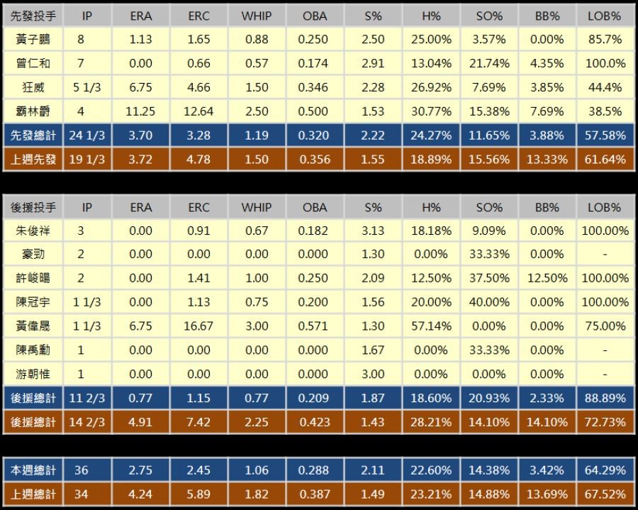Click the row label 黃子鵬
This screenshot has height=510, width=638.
pyautogui.click(x=33, y=40)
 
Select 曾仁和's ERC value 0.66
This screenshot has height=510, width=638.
pyautogui.click(x=199, y=64)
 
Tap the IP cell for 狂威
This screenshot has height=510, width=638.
pyautogui.click(x=86, y=88)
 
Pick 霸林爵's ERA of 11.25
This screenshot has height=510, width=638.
pyautogui.click(x=141, y=111)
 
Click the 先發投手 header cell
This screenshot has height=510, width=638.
pyautogui.click(x=33, y=16)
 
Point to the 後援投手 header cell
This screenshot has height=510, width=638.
pyautogui.click(x=33, y=207)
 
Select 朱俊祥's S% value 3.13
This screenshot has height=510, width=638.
pyautogui.click(x=373, y=231)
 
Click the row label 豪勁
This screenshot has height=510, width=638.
pyautogui.click(x=33, y=255)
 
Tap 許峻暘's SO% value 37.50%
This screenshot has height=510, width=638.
pyautogui.click(x=489, y=279)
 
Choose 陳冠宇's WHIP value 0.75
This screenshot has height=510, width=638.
pyautogui.click(x=257, y=302)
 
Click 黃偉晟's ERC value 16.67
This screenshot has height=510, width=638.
pyautogui.click(x=199, y=326)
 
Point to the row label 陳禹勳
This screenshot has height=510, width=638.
pyautogui.click(x=33, y=350)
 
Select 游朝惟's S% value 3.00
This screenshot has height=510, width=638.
pyautogui.click(x=373, y=374)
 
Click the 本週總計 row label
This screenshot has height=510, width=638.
pyautogui.click(x=33, y=470)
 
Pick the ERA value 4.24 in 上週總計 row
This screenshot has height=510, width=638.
pyautogui.click(x=141, y=494)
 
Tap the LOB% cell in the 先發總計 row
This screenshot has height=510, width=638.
pyautogui.click(x=605, y=135)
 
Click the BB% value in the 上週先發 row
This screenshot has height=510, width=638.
pyautogui.click(x=547, y=160)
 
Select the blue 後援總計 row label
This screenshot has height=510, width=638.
pyautogui.click(x=33, y=398)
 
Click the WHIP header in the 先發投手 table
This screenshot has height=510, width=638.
pyautogui.click(x=257, y=16)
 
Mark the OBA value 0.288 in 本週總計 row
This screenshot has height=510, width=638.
pyautogui.click(x=315, y=470)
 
